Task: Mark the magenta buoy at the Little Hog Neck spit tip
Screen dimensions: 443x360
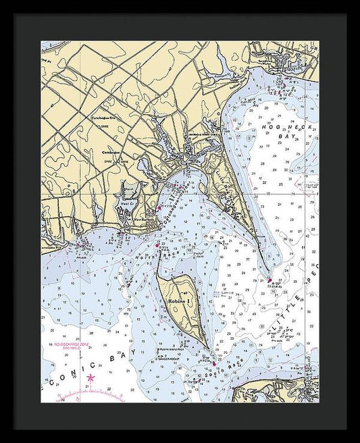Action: (x=269, y=279)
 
